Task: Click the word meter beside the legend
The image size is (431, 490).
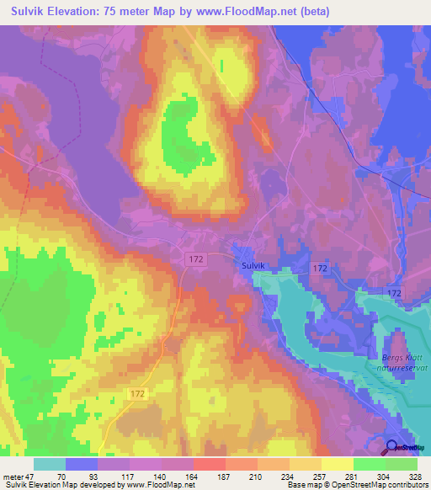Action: pos(14,476)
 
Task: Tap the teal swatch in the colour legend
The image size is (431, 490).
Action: pos(50,464)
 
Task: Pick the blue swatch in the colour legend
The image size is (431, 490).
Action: pos(82,464)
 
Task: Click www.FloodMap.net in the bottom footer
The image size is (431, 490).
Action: pos(162,485)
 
